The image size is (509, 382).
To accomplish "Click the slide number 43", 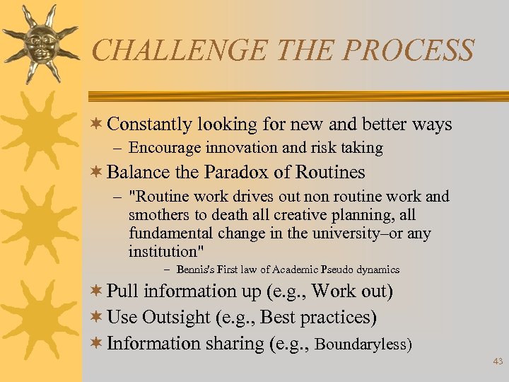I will pyautogui.click(x=498, y=361).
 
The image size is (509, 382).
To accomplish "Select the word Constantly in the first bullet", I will pyautogui.click(x=149, y=125).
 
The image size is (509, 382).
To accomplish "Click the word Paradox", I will pyautogui.click(x=235, y=172).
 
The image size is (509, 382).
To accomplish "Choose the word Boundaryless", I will pyautogui.click(x=361, y=344).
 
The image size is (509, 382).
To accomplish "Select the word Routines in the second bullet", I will pyautogui.click(x=329, y=172).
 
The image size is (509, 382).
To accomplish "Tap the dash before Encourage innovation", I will pyautogui.click(x=117, y=149).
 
